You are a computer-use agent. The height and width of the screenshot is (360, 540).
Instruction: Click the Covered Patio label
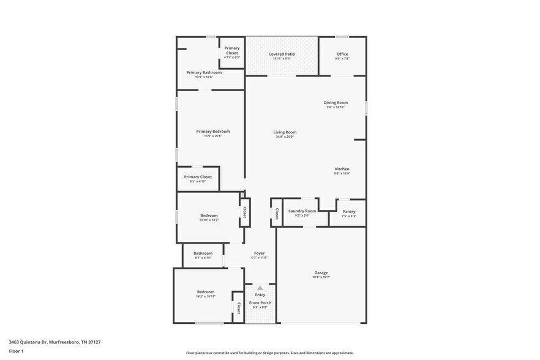coord(282,54)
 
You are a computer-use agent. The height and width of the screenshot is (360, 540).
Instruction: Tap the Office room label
coord(342,54)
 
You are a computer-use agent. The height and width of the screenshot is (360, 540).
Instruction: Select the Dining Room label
coord(336,102)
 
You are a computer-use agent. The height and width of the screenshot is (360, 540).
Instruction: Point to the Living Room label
coord(285,132)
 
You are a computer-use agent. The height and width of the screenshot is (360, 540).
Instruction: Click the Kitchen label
coord(342,169)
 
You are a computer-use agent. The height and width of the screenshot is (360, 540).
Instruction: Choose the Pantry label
coord(348,212)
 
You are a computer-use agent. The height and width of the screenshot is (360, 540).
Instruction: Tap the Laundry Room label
coord(302,211)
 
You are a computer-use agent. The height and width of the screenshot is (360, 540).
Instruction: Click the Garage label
coord(321,272)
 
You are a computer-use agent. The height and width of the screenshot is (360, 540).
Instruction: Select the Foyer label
coord(260,253)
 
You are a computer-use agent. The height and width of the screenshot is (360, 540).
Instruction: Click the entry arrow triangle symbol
coord(260,288)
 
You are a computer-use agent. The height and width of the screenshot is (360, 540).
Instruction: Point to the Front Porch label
coord(260,302)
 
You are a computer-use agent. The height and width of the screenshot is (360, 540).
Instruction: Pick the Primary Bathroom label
coord(204,72)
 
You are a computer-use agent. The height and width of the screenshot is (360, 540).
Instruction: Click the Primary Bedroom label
coord(212,131)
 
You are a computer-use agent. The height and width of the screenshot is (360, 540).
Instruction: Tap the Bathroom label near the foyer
coord(203,253)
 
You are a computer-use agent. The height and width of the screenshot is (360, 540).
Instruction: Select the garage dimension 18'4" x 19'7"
coord(321,277)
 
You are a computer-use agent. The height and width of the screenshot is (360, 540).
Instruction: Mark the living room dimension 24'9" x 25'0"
coord(285,137)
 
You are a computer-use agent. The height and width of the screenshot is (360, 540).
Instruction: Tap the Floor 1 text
coord(16,351)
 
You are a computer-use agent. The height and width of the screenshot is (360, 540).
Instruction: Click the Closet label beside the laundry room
coord(277,214)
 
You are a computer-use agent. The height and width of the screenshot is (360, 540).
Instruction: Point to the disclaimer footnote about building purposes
coord(269,353)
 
